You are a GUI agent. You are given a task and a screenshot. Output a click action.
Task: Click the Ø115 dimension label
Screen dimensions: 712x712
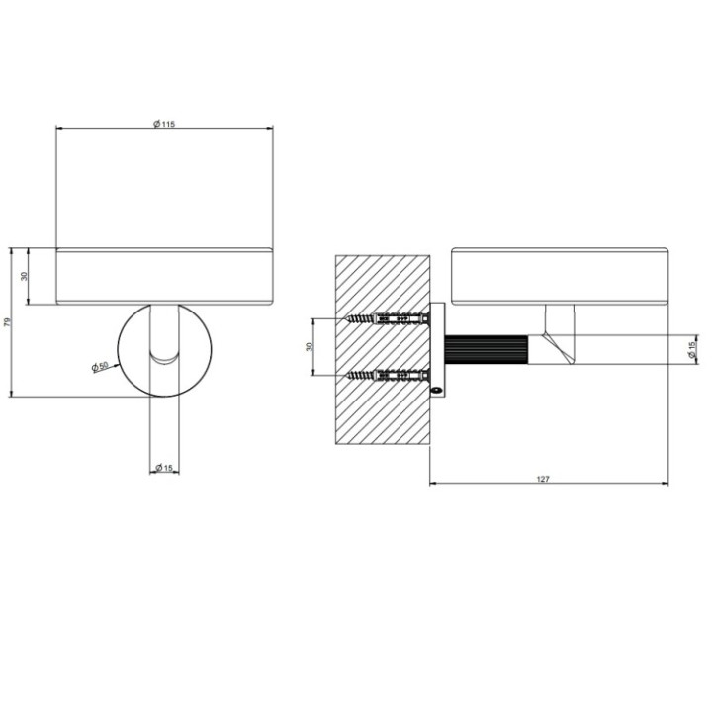164,123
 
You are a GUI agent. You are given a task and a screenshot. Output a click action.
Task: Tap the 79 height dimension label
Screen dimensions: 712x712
8,322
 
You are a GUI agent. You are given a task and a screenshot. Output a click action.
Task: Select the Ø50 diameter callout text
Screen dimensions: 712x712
99,367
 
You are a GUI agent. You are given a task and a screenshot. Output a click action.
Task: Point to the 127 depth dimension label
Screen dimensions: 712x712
543,479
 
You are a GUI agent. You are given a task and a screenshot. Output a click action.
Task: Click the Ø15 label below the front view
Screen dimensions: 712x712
164,468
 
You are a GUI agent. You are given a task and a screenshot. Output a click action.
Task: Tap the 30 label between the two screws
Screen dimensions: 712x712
310,347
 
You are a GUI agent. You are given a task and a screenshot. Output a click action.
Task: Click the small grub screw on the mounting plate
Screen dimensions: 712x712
436,389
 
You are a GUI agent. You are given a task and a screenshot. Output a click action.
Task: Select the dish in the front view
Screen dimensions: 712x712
164,276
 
